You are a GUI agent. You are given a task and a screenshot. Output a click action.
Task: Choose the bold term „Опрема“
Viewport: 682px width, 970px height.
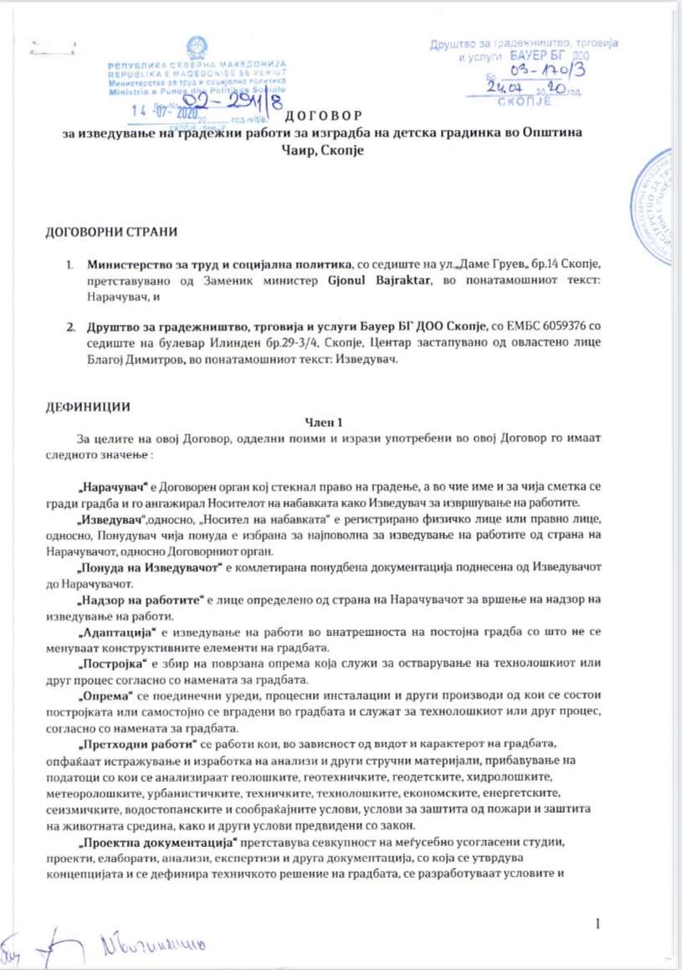click(104, 695)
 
